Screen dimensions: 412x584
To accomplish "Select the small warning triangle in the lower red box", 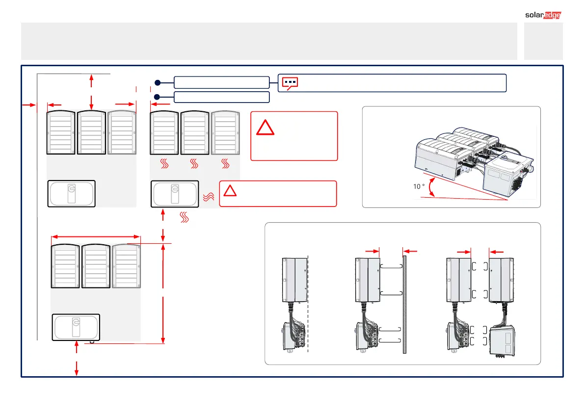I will (x=229, y=191).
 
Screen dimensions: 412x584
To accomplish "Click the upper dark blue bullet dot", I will (x=158, y=82).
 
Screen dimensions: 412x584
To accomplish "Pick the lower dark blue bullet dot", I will (x=158, y=97).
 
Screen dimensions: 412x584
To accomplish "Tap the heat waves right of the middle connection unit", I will (x=208, y=197).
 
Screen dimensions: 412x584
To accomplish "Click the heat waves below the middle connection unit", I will (x=185, y=217).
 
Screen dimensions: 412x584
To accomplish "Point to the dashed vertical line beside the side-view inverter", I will (x=308, y=304).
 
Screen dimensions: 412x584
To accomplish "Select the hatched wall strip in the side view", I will (x=405, y=304).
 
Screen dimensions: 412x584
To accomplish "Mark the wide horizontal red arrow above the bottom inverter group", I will (x=96, y=237).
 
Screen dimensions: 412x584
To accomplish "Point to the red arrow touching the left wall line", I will (x=29, y=104).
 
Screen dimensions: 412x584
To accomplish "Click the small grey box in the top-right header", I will (x=543, y=41).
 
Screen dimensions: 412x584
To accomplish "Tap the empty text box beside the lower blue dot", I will (x=222, y=97).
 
